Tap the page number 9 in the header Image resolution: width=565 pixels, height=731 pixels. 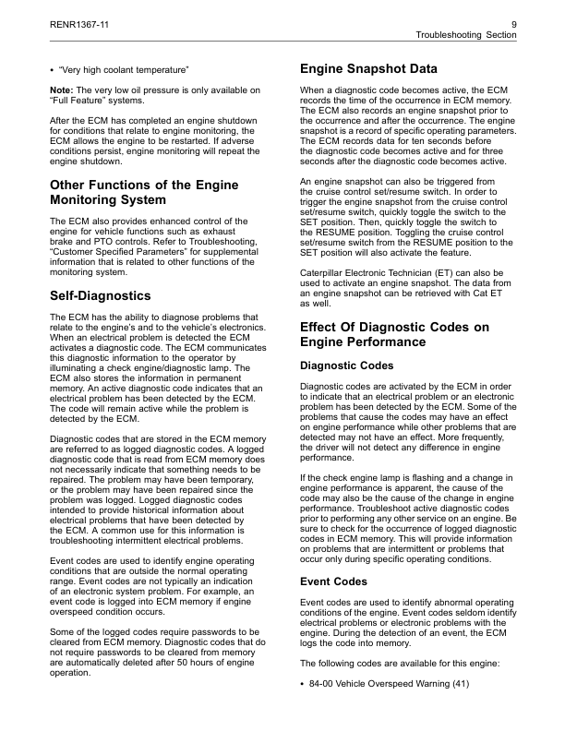click(x=513, y=22)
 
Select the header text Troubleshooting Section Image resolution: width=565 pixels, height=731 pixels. click(x=466, y=34)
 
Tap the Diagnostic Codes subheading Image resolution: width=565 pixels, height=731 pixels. click(x=347, y=365)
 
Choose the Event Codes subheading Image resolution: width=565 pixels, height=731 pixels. click(x=334, y=582)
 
